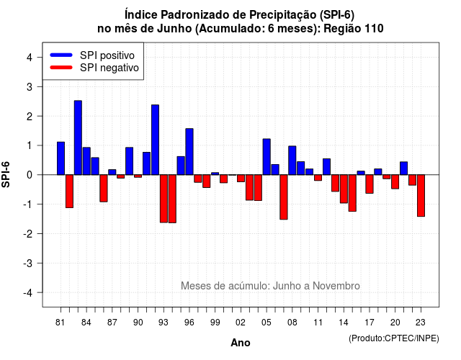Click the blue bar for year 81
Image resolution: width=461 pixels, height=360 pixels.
[x=61, y=158]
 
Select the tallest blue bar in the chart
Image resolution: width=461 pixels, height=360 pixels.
[x=78, y=138]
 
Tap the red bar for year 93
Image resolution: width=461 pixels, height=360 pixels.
[x=164, y=199]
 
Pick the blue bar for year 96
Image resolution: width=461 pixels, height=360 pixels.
[x=189, y=152]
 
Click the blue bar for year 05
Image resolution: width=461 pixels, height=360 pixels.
[x=267, y=157]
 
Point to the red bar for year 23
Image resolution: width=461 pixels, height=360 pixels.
[x=421, y=196]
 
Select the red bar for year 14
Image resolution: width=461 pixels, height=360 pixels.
[x=344, y=189]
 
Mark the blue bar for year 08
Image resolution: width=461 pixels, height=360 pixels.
[x=292, y=161]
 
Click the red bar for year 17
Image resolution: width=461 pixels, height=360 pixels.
[x=370, y=184]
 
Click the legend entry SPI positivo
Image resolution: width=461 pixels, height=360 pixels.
[x=107, y=55]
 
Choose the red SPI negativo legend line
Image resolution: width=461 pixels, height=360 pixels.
[x=61, y=68]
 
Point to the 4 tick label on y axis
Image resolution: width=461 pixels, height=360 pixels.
[x=30, y=58]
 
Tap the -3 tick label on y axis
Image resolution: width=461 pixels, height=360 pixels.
[x=27, y=264]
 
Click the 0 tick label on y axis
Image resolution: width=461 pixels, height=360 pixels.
[x=30, y=175]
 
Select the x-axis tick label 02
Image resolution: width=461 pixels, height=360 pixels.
[x=241, y=323]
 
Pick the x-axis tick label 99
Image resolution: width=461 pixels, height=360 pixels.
[x=215, y=323]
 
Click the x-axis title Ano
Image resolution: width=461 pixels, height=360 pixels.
[x=241, y=343]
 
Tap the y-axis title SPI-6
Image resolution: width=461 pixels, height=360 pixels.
[x=6, y=174]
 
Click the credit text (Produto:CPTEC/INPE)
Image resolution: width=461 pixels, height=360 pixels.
[x=394, y=338]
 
